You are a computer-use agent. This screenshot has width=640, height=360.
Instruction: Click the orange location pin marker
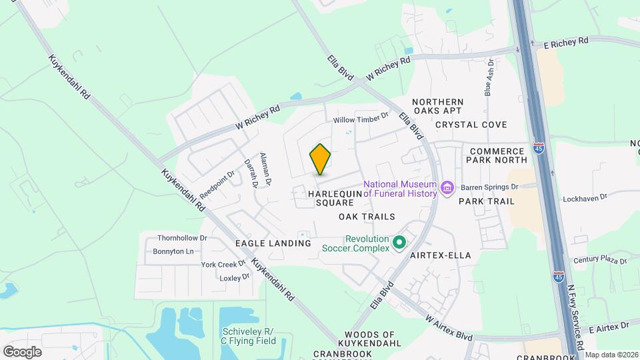[x=321, y=160]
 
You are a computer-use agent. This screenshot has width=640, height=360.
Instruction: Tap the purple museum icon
[x=447, y=189]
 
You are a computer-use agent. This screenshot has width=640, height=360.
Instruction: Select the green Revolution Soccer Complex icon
[x=399, y=243]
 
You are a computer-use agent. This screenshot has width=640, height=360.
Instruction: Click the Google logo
[x=23, y=351]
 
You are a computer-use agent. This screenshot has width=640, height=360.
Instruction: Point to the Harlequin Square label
[x=335, y=197]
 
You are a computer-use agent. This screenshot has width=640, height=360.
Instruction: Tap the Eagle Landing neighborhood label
[x=273, y=243]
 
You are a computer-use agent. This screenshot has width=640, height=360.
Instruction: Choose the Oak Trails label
[x=367, y=217]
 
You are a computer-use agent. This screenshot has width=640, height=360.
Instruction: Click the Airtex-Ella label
[x=441, y=255]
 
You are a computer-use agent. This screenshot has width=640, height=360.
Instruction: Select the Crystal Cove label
[x=471, y=125]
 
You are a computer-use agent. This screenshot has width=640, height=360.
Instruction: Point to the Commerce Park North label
[x=499, y=156]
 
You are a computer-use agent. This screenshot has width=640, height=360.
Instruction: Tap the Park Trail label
[x=487, y=201]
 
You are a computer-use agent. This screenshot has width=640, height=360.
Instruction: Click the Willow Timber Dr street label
[x=361, y=118]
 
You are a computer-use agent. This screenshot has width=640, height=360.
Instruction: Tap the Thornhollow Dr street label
[x=182, y=237]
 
